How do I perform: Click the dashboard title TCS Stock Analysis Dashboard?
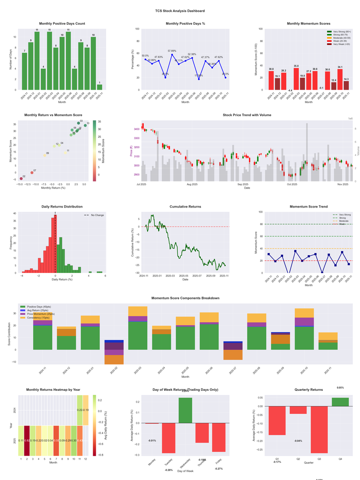[x=180, y=11]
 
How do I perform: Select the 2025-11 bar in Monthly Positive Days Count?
[x=99, y=87]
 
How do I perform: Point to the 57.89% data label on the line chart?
[x=172, y=51]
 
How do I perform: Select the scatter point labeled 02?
[x=21, y=179]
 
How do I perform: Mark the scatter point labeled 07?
[x=31, y=172]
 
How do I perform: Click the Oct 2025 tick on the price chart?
[x=292, y=184]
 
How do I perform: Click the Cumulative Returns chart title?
[x=185, y=206]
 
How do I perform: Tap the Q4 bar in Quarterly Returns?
[x=340, y=402]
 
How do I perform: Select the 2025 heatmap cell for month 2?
[x=27, y=440]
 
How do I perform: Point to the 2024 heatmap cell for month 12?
[x=85, y=410]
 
